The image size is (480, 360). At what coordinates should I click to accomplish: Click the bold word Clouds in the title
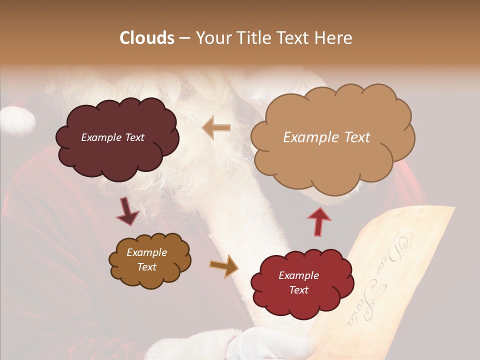147,38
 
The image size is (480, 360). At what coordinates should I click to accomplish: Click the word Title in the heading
251,38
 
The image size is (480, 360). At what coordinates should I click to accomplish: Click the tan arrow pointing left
216,127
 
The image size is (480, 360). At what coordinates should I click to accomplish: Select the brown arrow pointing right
224,265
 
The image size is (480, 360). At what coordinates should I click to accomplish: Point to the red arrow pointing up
319,221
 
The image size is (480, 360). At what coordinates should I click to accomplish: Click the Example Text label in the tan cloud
326,137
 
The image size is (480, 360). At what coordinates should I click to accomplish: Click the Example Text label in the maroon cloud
112,137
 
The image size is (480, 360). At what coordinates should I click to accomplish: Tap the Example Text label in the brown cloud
147,259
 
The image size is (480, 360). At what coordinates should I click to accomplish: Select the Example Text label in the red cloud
298,282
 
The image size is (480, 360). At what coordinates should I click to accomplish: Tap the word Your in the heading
213,38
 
